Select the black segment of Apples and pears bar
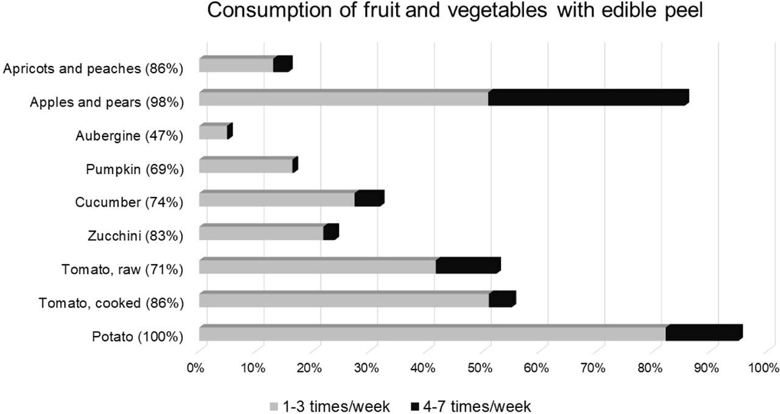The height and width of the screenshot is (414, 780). coord(588,98)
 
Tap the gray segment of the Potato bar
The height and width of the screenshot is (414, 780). coord(432,334)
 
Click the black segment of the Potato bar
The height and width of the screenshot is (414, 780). coord(703,334)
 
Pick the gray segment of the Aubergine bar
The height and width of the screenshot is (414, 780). coord(213,132)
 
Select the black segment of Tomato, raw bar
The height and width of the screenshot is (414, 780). coord(467,266)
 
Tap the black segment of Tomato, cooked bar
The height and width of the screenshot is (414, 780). coord(502,300)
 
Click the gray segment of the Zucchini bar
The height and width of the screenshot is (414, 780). coord(261,233)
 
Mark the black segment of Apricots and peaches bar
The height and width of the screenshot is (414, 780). coord(282,65)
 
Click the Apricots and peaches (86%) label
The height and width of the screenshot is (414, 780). coord(93,68)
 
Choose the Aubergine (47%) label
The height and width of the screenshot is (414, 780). coord(129,135)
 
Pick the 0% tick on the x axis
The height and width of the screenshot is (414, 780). coord(195,368)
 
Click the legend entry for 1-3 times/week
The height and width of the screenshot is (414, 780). coord(330,406)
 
